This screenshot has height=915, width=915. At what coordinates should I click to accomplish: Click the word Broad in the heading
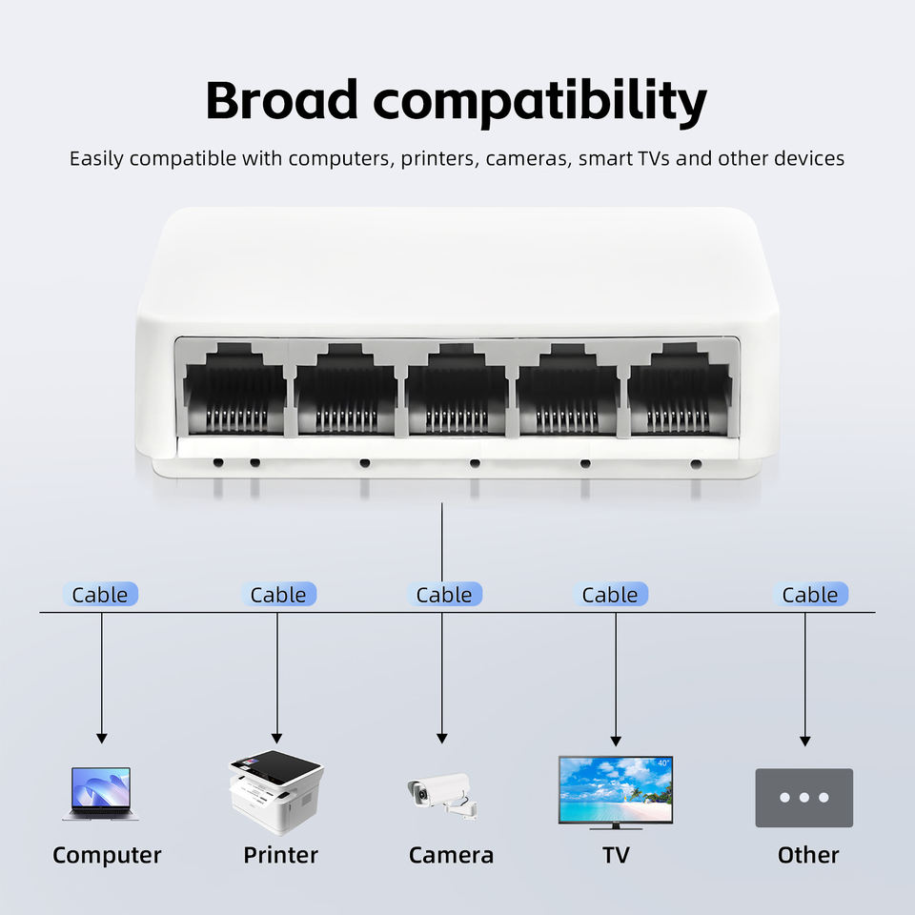click(x=281, y=100)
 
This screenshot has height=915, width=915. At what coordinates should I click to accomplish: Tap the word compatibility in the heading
click(x=539, y=103)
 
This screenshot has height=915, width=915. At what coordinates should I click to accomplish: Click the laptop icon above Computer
click(x=100, y=794)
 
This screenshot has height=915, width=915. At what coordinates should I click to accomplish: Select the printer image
click(x=276, y=791)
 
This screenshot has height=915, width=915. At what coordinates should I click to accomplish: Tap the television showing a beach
click(x=616, y=792)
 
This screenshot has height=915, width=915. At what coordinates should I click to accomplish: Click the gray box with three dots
click(x=804, y=797)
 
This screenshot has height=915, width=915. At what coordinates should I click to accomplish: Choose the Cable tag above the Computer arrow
click(x=100, y=594)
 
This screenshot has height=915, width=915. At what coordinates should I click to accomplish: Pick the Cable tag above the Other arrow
click(x=810, y=594)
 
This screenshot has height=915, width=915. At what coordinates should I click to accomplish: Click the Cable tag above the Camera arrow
click(x=444, y=594)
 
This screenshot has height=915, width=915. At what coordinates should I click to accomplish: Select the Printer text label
click(x=280, y=855)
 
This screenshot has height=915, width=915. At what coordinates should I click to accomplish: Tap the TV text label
click(x=617, y=855)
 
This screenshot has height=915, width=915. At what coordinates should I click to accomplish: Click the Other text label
click(x=808, y=855)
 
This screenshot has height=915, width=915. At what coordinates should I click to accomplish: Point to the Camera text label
click(x=451, y=855)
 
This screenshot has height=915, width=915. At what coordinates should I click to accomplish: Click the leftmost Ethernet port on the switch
click(x=234, y=389)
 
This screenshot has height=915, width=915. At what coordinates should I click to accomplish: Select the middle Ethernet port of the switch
click(x=457, y=389)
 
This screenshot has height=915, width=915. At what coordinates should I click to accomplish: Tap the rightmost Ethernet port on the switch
click(x=680, y=389)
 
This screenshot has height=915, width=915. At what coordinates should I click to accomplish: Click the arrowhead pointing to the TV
click(x=616, y=742)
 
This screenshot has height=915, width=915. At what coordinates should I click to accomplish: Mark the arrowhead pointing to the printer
click(x=276, y=738)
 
